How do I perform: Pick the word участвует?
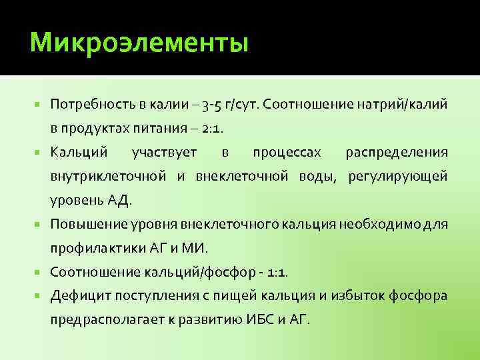coord(165,153)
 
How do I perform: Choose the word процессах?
coord(287,153)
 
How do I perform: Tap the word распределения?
coord(397,153)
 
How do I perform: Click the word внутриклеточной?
coord(108,177)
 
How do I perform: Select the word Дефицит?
coord(75,295)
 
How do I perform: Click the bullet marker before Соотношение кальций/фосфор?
coord(39,271)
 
